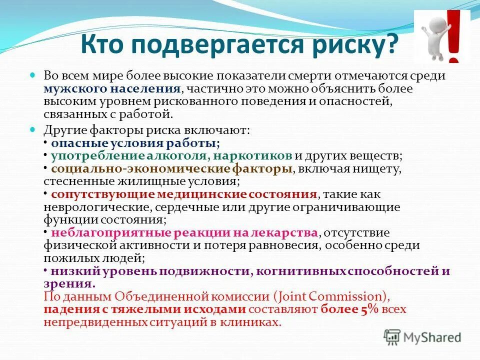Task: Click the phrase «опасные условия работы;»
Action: click(135, 143)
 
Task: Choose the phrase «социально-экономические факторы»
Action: click(171, 169)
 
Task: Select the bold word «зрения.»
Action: click(69, 284)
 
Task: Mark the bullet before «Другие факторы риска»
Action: click(34, 130)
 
